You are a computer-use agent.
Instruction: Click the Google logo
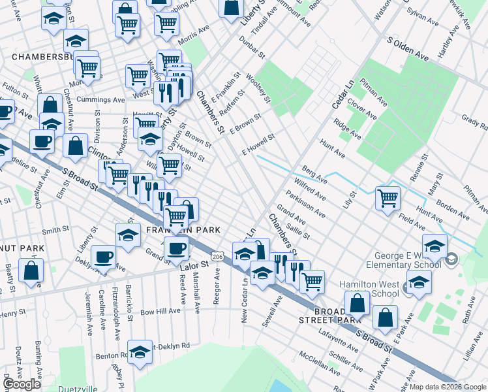coord(22,384)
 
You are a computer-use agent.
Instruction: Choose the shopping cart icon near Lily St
coord(388,197)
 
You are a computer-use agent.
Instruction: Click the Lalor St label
coord(193,265)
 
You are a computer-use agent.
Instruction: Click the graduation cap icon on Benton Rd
coord(140,352)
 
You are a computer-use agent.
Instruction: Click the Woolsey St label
coord(258,88)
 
